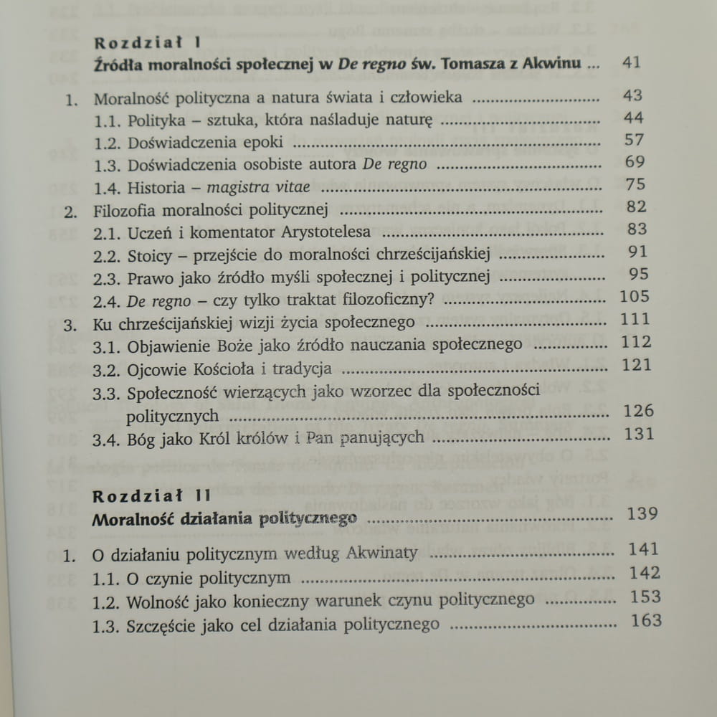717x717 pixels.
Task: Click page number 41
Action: click(631, 62)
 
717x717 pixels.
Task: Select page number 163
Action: click(646, 621)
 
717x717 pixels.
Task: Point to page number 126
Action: click(638, 411)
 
